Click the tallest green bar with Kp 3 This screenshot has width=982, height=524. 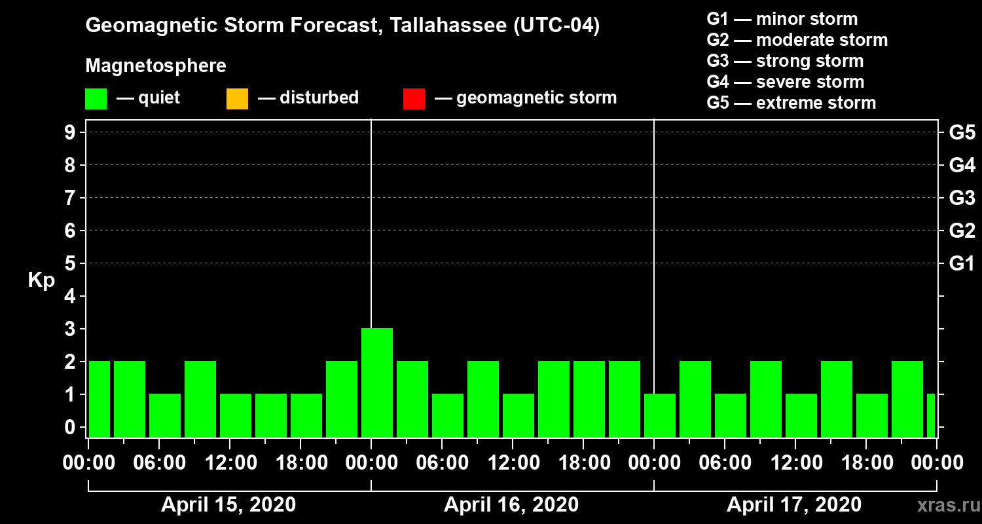(377, 383)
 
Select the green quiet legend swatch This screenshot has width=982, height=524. (96, 99)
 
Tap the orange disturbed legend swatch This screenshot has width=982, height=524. (237, 99)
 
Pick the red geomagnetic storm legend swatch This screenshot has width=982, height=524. (414, 99)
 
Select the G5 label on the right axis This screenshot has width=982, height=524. (962, 133)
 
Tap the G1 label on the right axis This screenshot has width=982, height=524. (962, 264)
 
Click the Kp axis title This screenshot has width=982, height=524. (41, 280)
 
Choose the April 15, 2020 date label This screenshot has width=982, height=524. (228, 505)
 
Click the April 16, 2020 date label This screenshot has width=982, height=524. (511, 505)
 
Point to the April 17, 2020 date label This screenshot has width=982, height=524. (794, 505)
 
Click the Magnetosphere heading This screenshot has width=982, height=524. (156, 66)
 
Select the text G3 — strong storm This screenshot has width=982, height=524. (785, 61)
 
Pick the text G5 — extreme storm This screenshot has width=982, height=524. (791, 103)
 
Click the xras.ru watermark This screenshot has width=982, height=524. (943, 506)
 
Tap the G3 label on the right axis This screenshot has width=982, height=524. (962, 198)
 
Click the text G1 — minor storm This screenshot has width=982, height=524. (782, 19)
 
